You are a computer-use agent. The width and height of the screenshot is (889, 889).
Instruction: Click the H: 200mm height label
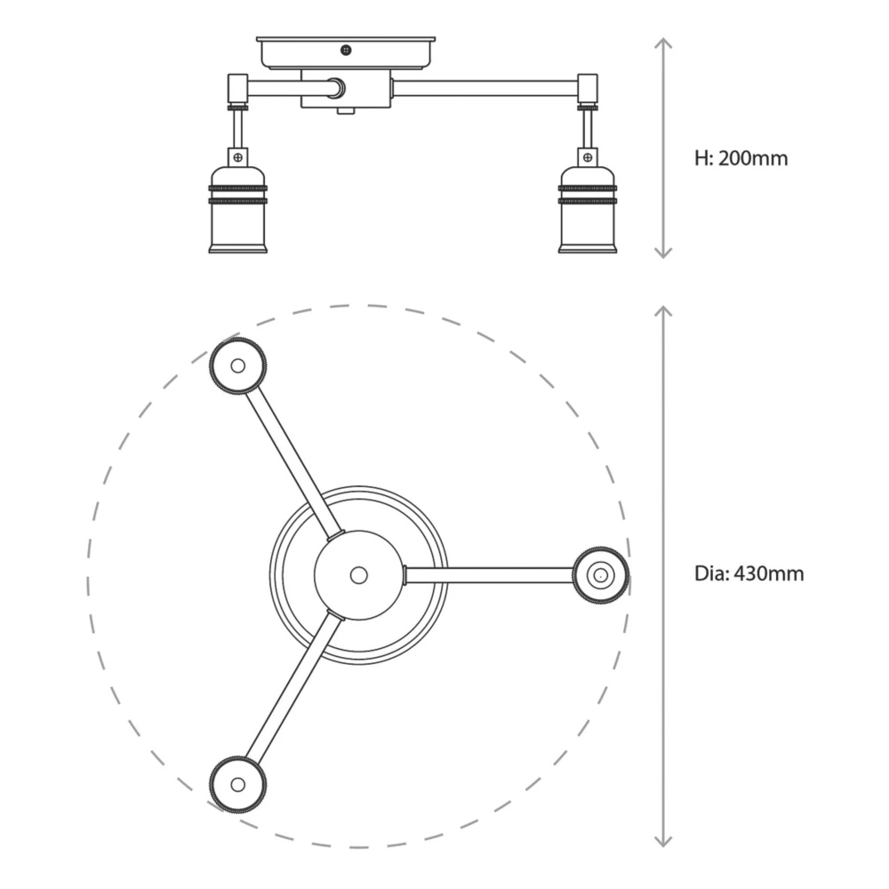pyautogui.click(x=741, y=159)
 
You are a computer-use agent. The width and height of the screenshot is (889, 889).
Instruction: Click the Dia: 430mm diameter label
pyautogui.click(x=749, y=573)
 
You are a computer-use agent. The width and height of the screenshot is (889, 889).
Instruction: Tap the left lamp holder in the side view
pyautogui.click(x=237, y=209)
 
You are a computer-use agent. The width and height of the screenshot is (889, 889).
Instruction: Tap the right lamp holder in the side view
pyautogui.click(x=587, y=209)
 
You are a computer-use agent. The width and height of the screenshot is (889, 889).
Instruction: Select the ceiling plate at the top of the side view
pyautogui.click(x=346, y=52)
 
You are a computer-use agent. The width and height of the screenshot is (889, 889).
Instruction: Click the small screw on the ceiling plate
pyautogui.click(x=346, y=50)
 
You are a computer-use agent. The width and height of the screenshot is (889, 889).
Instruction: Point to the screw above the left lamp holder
pyautogui.click(x=237, y=157)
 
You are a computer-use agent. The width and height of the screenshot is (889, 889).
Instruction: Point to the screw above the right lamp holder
pyautogui.click(x=587, y=157)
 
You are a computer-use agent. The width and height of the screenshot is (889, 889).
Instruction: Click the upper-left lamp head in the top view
pyautogui.click(x=237, y=365)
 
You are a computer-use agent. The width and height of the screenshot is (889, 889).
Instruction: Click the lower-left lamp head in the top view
pyautogui.click(x=237, y=784)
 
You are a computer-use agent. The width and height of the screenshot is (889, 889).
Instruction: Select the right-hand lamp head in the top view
pyautogui.click(x=601, y=575)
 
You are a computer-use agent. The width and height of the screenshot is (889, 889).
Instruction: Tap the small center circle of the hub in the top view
pyautogui.click(x=358, y=575)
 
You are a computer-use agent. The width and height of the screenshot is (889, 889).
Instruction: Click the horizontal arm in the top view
pyautogui.click(x=489, y=575)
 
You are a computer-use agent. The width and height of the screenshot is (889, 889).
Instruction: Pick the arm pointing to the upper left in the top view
pyautogui.click(x=292, y=462)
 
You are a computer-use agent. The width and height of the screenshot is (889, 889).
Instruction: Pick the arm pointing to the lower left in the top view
pyautogui.click(x=292, y=686)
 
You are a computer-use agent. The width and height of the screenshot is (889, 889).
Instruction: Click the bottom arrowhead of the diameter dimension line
pyautogui.click(x=663, y=840)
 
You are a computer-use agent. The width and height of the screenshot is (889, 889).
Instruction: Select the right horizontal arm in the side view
pyautogui.click(x=485, y=88)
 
